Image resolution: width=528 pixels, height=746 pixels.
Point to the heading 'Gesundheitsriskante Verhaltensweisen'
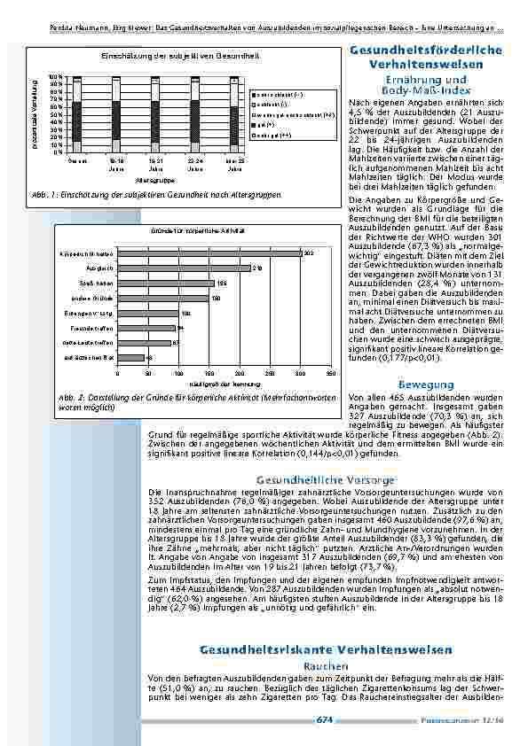point(326,649)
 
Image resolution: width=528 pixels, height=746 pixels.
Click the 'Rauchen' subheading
point(319,664)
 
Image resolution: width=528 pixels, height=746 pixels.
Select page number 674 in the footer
point(325,720)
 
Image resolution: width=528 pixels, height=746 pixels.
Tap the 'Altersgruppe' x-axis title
point(154,177)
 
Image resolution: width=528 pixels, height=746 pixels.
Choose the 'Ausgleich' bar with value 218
point(184,267)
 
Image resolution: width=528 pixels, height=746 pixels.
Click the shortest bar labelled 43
point(130,358)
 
